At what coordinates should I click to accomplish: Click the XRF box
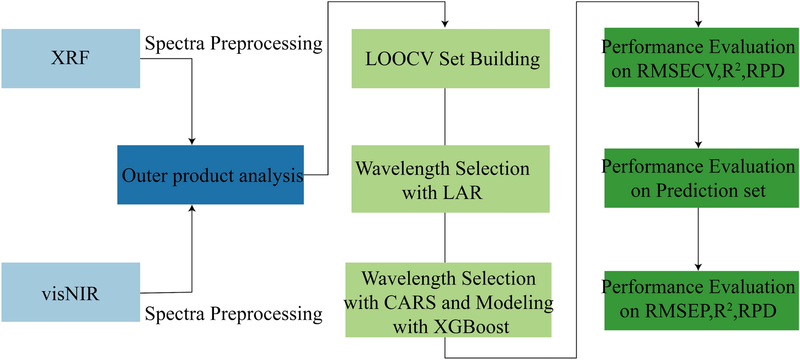point(71,58)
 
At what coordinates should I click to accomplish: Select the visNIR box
point(71,292)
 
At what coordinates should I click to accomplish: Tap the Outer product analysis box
point(210,175)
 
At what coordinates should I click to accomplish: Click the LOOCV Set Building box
point(450,58)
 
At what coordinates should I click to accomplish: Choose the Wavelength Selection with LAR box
point(450,179)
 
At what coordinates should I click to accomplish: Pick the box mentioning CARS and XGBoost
point(448,300)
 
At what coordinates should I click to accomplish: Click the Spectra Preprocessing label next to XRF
point(233,44)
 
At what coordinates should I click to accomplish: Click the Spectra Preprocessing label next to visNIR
point(233,313)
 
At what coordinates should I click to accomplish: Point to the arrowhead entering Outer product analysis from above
point(192,142)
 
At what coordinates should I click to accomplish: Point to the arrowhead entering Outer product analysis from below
point(192,208)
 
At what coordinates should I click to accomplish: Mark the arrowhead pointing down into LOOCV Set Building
point(445,24)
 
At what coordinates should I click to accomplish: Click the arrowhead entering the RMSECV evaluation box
point(698,24)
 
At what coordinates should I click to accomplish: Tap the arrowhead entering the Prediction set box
point(698,145)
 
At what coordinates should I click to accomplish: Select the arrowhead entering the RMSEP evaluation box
point(698,267)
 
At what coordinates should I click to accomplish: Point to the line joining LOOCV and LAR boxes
point(445,117)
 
